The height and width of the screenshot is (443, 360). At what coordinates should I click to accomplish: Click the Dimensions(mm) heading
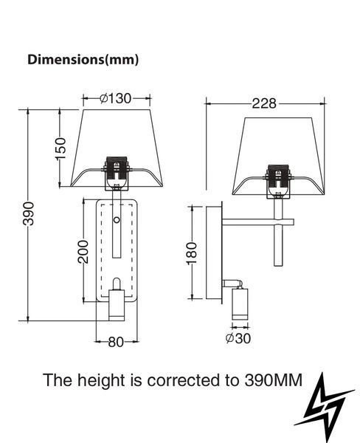(83, 60)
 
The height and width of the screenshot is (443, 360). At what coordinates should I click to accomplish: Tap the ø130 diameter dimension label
(116, 98)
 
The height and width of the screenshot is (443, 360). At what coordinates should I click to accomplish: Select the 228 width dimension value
(264, 103)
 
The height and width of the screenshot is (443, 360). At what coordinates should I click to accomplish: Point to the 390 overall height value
(28, 213)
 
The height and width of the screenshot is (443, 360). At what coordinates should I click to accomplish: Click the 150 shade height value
(60, 148)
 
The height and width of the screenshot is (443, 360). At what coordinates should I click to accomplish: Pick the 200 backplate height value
(83, 252)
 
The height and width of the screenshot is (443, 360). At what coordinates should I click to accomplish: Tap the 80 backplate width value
(116, 343)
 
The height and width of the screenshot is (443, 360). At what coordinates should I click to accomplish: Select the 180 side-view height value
(192, 253)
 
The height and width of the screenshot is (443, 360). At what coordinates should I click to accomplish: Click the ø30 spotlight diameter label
(238, 338)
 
